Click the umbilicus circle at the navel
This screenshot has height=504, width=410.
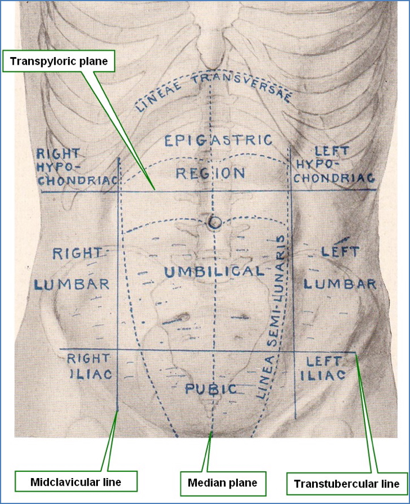click(215, 221)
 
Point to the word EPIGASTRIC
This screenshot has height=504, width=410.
click(218, 140)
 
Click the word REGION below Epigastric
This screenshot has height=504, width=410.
click(210, 172)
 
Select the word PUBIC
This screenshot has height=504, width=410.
click(211, 389)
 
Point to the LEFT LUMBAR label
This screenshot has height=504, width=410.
click(340, 268)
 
